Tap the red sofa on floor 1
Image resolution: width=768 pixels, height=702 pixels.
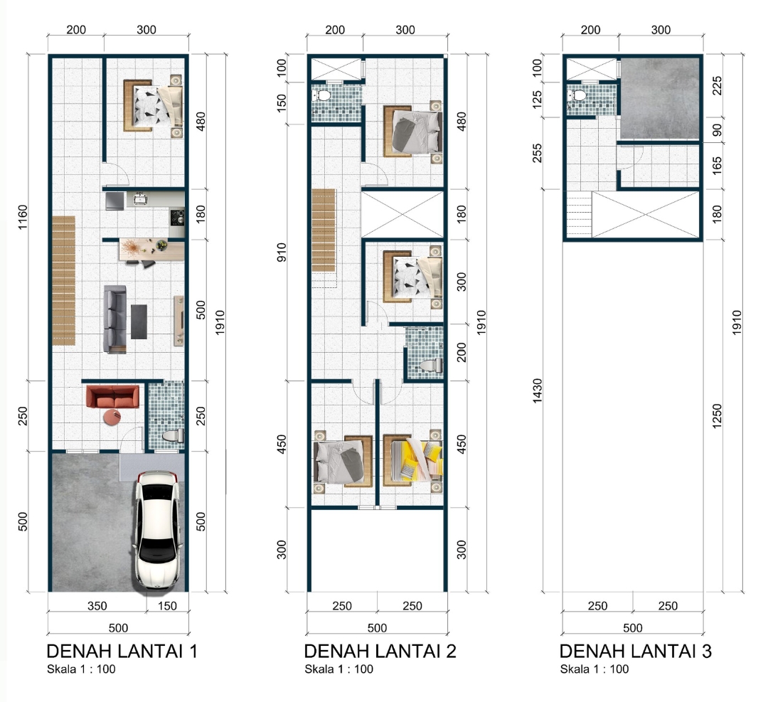(112, 397)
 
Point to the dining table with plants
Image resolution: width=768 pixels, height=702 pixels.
(152, 250)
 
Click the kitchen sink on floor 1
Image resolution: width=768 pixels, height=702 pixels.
(141, 199)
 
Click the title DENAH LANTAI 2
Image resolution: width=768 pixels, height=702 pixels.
(380, 651)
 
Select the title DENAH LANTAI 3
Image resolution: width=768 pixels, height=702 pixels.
(635, 651)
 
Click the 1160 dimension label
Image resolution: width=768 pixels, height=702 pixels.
(23, 217)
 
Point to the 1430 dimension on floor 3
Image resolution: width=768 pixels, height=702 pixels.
(538, 390)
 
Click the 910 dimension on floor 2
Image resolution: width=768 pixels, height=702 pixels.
(282, 252)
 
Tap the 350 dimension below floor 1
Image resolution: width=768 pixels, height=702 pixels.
(97, 605)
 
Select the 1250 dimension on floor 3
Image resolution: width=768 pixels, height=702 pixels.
(717, 416)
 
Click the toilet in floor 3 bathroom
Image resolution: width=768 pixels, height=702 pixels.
(577, 95)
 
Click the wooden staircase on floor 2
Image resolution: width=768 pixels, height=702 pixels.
(324, 230)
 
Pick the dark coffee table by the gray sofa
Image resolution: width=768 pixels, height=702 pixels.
(139, 322)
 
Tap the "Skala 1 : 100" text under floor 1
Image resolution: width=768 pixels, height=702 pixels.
(81, 669)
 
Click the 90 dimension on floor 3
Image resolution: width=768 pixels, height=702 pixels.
(717, 130)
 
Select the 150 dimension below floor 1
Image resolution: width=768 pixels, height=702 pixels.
(167, 605)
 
